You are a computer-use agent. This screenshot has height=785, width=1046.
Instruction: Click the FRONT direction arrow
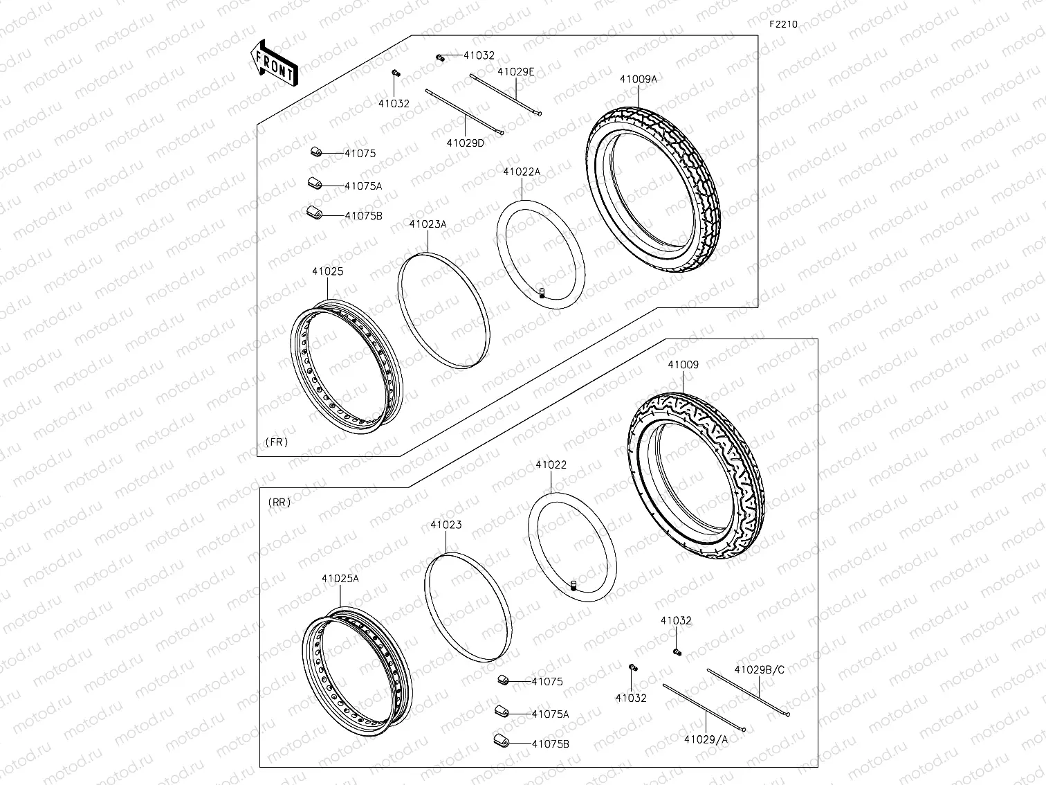[274, 62]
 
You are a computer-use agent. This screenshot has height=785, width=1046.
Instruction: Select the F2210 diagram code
[783, 24]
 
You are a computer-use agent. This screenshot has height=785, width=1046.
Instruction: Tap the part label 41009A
[638, 79]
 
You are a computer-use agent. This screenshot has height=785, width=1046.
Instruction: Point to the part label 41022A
[522, 172]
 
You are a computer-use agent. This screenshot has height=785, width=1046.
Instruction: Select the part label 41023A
[428, 224]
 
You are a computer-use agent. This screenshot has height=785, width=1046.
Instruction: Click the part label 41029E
[515, 71]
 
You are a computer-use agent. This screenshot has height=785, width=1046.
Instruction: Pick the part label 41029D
[465, 143]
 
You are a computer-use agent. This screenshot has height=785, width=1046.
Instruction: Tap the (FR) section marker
[276, 442]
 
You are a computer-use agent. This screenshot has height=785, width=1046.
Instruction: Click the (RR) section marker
[279, 502]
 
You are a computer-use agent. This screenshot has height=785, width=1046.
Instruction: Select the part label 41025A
[340, 579]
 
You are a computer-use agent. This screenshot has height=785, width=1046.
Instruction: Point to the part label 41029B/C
[760, 669]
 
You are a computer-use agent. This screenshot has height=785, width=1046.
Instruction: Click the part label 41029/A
[706, 739]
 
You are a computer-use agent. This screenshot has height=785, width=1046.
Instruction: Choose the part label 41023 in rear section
[446, 525]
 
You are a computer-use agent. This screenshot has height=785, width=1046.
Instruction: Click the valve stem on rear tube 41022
[573, 588]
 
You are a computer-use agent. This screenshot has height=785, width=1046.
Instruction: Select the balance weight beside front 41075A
[316, 184]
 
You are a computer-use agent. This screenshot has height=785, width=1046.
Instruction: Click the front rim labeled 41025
[344, 368]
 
